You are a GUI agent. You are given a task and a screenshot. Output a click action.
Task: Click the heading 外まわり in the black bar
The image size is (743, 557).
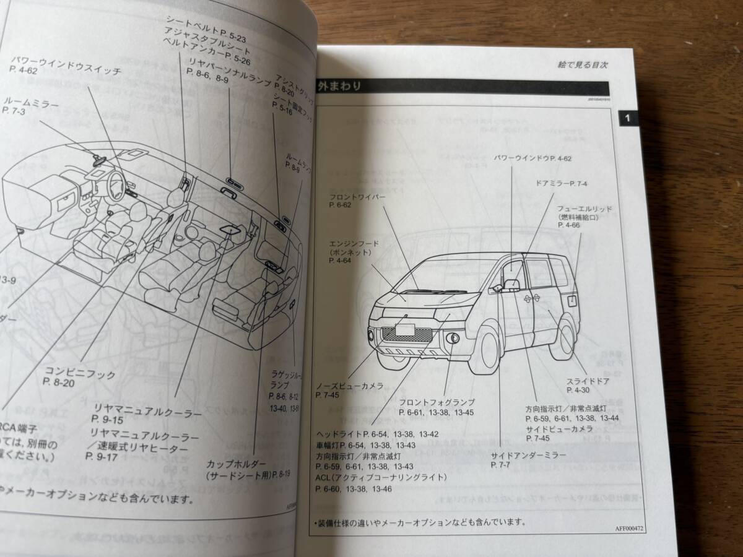pyautogui.click(x=339, y=86)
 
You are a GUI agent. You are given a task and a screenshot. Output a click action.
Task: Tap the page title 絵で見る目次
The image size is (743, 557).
pyautogui.click(x=582, y=64)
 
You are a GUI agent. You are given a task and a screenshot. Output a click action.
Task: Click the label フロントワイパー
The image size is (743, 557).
pyautogui.click(x=358, y=197)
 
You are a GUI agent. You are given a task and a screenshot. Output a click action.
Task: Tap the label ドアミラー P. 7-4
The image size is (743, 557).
pyautogui.click(x=562, y=184)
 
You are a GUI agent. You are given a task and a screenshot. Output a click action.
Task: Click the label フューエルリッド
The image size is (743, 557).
pyautogui.click(x=584, y=209)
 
